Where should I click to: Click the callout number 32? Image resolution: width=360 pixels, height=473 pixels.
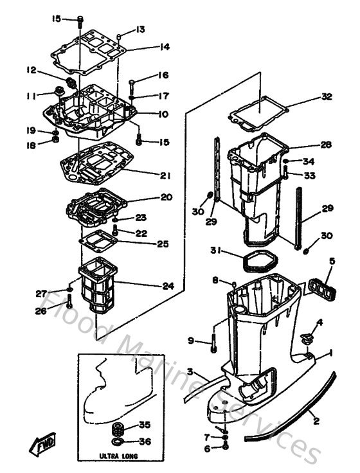point(327,97)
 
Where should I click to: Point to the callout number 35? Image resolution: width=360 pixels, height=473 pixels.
point(144,425)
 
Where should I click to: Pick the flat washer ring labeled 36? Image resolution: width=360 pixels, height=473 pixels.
point(118,442)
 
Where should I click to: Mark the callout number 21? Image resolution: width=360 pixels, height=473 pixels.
point(165,175)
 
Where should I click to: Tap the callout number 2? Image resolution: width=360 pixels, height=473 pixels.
point(316,422)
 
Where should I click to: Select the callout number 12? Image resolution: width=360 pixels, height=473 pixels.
point(30,70)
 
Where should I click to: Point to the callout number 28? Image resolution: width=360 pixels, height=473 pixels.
point(326,145)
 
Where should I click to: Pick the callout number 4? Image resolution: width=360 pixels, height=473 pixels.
point(319,322)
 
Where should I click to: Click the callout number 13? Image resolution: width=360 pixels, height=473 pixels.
point(140,30)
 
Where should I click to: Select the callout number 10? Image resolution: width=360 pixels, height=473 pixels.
point(165,114)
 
